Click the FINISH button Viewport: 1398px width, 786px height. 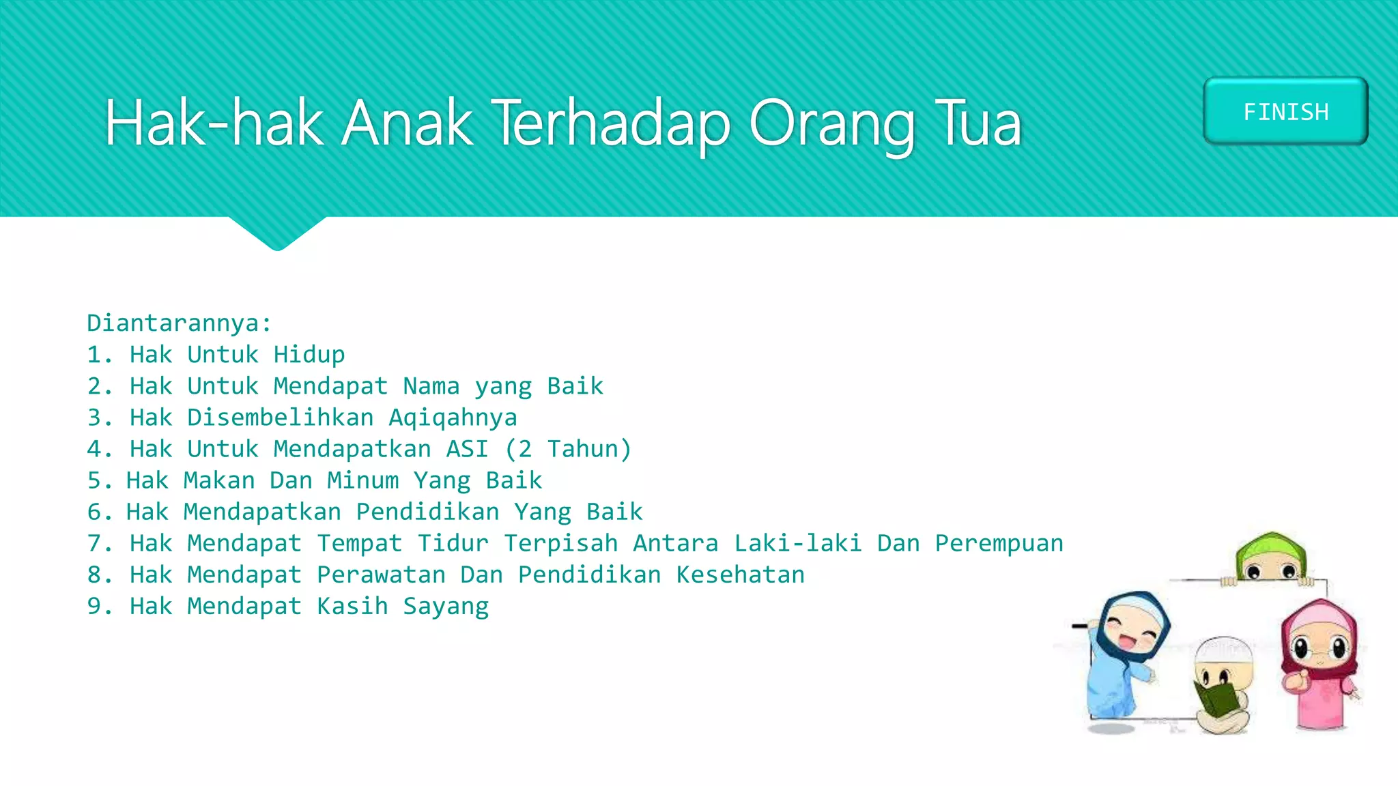(x=1285, y=111)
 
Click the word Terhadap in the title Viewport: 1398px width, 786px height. (x=611, y=123)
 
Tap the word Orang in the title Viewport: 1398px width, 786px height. (x=831, y=125)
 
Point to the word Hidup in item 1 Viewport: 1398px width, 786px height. (x=309, y=355)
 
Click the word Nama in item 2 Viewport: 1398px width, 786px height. (x=431, y=386)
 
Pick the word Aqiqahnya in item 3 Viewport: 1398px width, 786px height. (x=453, y=418)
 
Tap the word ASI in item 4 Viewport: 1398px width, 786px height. (x=467, y=449)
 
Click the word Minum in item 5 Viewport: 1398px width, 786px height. (x=362, y=480)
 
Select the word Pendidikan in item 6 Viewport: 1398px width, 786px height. (x=427, y=512)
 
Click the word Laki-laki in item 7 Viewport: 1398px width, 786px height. (x=797, y=543)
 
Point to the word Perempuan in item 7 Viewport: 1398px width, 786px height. (x=999, y=543)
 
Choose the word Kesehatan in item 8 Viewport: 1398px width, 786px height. (x=740, y=574)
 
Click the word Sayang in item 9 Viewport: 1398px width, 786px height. (x=446, y=607)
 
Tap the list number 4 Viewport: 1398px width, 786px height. (x=95, y=449)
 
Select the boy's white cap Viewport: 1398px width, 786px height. (x=1224, y=652)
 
